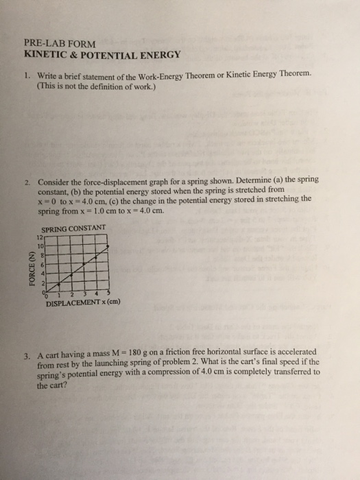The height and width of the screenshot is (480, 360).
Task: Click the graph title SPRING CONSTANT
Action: (73, 228)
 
